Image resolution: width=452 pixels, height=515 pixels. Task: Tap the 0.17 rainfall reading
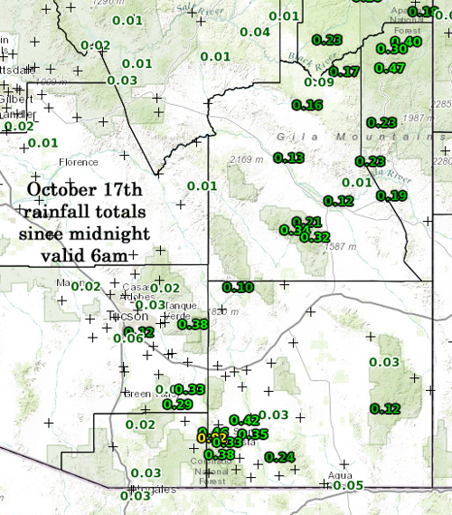tap(345, 72)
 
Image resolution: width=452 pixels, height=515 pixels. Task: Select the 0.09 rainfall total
tap(319, 82)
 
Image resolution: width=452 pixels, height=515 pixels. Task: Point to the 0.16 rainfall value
tap(307, 105)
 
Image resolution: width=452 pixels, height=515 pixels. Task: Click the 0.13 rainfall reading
tap(288, 157)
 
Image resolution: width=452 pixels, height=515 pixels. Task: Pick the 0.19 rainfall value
tap(391, 196)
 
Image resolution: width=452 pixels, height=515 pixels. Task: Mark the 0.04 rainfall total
tap(255, 33)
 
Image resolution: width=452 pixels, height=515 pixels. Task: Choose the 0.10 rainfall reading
tap(238, 287)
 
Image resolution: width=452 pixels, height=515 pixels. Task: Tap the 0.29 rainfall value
tap(177, 404)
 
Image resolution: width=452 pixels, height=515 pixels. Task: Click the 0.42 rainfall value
tap(245, 420)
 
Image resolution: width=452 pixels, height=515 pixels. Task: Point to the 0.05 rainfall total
tap(348, 486)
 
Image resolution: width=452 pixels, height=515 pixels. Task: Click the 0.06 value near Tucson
tap(127, 338)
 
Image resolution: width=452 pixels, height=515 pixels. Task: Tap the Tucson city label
tap(126, 317)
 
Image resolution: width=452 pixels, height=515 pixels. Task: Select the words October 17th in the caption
tap(84, 190)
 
